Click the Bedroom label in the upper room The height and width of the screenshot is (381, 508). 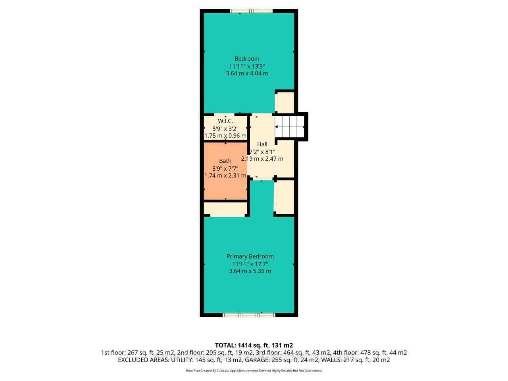click(x=247, y=59)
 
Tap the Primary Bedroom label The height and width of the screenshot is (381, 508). click(x=250, y=256)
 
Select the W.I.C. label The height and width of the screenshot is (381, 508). click(x=225, y=121)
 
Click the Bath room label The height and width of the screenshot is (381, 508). click(x=225, y=161)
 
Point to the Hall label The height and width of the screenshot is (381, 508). click(x=262, y=144)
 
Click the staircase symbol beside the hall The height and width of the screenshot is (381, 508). click(x=291, y=127)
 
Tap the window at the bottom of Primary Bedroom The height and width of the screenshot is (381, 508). click(x=249, y=315)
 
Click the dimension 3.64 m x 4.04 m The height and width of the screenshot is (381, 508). click(x=247, y=73)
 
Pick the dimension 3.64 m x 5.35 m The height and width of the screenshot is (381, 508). click(x=250, y=271)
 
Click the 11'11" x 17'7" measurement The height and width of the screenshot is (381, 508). click(x=250, y=264)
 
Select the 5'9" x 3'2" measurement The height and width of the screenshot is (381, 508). click(x=225, y=128)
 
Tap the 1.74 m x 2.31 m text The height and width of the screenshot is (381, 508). click(x=225, y=175)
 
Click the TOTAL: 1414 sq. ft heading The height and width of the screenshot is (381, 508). click(x=254, y=345)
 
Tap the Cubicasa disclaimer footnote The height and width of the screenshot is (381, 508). click(x=254, y=371)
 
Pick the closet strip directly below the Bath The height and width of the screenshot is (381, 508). click(x=225, y=208)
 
